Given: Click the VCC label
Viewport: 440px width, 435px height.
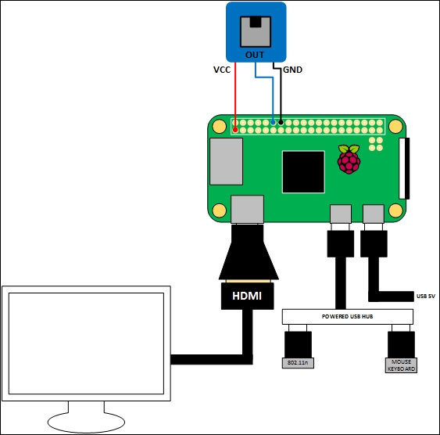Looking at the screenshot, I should coord(222,70).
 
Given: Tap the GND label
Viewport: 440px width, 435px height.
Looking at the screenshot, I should coord(293,70).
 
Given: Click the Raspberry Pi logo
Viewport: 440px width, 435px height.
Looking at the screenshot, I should coord(349,160).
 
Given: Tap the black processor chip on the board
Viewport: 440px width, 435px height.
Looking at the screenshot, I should coord(303,171).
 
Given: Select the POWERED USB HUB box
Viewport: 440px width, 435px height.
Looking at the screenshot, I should coord(345,316).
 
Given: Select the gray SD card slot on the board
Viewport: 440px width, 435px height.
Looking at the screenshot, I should coord(227,164).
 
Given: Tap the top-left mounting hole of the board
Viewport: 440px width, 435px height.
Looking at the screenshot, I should coord(218,126).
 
